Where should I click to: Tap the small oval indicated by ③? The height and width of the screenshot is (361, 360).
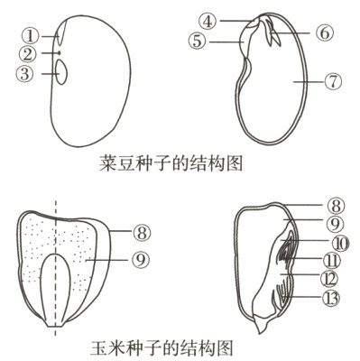(60, 74)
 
